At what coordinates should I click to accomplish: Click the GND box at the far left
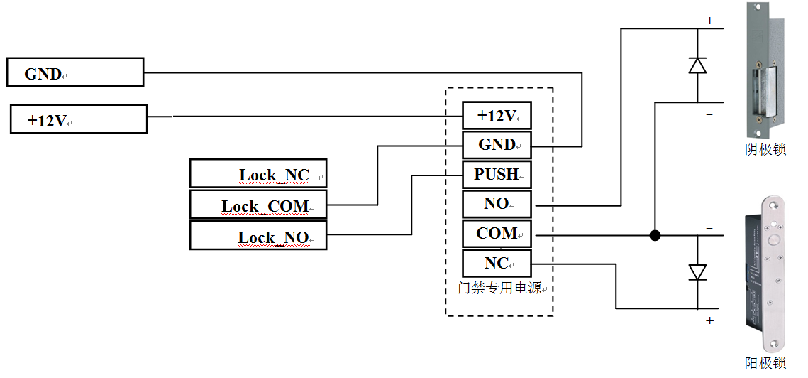pos(74,73)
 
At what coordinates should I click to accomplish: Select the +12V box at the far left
pos(78,119)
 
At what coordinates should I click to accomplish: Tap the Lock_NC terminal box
pos(258,174)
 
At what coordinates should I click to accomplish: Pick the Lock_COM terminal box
pos(258,205)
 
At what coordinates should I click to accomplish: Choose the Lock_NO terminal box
pos(258,236)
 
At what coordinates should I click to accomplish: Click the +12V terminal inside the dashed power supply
pos(497,116)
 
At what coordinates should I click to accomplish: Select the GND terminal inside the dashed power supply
pos(497,145)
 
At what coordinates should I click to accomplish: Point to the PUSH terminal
pos(497,174)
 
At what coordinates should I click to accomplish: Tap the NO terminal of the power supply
pos(497,204)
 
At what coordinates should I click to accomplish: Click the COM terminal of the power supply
pos(497,234)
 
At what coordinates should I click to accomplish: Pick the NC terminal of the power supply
pos(497,263)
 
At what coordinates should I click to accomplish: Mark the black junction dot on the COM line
pos(655,235)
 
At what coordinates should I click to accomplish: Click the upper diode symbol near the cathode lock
pos(697,65)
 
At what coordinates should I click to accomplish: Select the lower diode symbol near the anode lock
pos(697,272)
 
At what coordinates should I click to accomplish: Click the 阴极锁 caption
pos(765,150)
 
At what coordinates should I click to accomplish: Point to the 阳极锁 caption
pos(765,363)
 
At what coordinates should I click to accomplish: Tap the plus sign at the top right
pos(709,21)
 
